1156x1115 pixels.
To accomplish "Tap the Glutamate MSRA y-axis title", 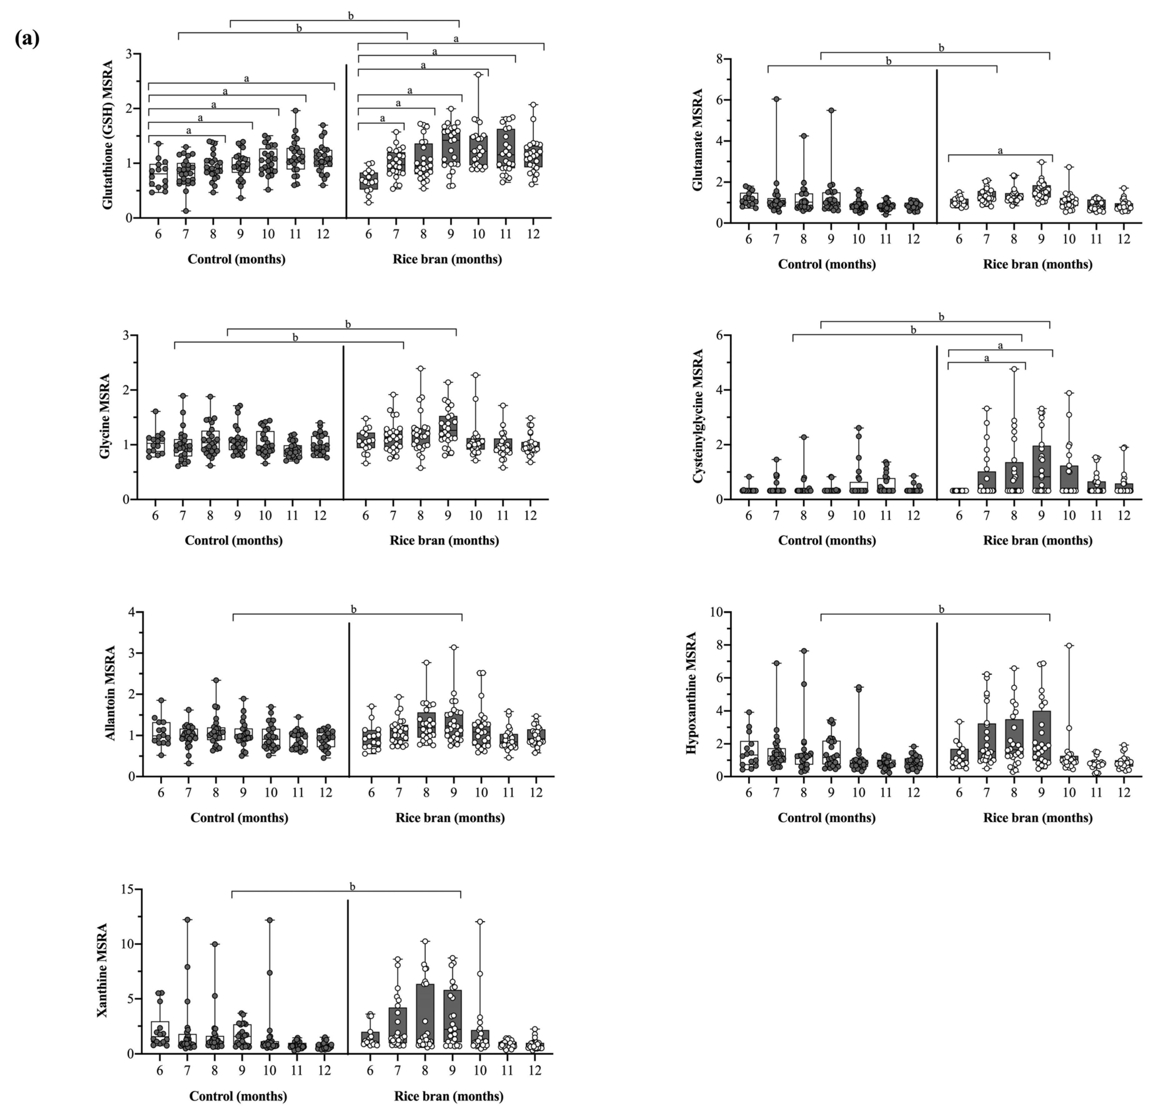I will pos(698,140).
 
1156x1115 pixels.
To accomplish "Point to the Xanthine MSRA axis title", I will pos(102,970).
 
